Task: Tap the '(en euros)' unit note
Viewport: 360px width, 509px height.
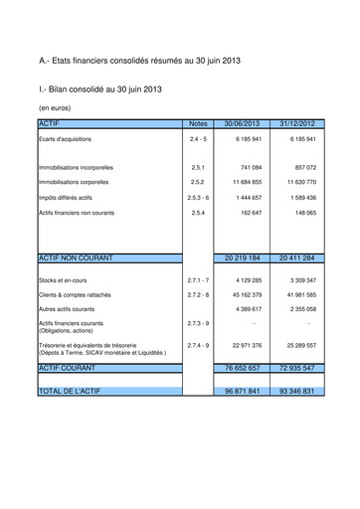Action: point(56,106)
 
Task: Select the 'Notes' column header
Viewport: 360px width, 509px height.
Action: point(197,123)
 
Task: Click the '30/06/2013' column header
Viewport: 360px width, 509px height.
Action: point(244,123)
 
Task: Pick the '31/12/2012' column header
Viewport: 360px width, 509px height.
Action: point(296,123)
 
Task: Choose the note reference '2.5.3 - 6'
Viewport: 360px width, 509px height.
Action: point(197,198)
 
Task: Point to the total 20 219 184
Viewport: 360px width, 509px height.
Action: point(244,257)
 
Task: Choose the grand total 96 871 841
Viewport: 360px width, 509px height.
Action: point(244,392)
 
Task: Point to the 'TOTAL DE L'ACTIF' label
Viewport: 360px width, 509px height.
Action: point(75,392)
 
